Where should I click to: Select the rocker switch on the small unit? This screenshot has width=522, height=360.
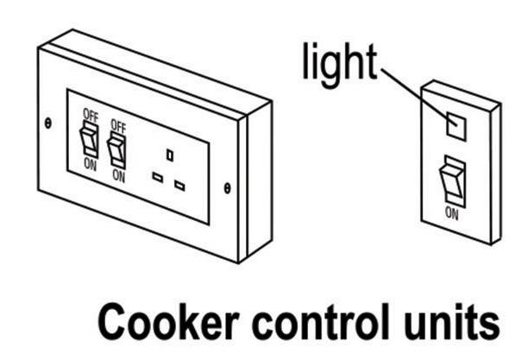(x=451, y=181)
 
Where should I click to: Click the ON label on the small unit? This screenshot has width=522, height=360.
(x=451, y=210)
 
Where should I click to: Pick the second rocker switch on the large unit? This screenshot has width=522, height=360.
(x=117, y=150)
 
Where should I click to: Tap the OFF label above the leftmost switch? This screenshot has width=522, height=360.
(x=90, y=114)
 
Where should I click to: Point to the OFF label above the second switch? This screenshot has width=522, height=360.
(x=118, y=126)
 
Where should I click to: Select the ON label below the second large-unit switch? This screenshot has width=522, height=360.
(x=118, y=176)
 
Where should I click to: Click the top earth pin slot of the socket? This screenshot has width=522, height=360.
(x=170, y=155)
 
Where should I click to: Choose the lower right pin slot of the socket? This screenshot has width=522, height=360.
(x=179, y=185)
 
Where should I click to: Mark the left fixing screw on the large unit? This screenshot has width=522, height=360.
(x=48, y=122)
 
